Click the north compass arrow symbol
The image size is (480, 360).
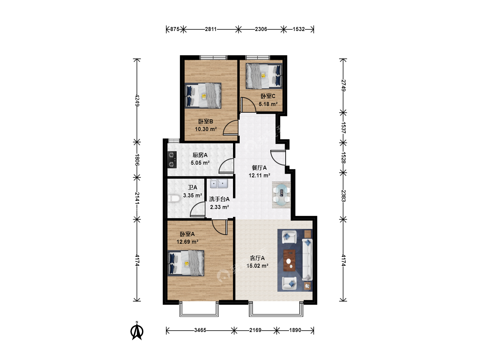pyautogui.click(x=137, y=331)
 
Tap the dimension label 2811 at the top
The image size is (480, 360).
pyautogui.click(x=211, y=29)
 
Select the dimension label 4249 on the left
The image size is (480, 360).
pyautogui.click(x=137, y=100)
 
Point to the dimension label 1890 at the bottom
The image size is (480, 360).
pyautogui.click(x=295, y=330)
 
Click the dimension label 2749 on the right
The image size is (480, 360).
pyautogui.click(x=343, y=85)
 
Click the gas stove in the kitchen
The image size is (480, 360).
pyautogui.click(x=172, y=160)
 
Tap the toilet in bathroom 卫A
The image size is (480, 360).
pyautogui.click(x=174, y=199)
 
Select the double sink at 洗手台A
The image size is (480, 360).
pyautogui.click(x=219, y=184)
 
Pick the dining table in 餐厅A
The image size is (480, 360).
pyautogui.click(x=281, y=195)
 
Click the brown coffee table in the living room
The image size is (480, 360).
pyautogui.click(x=289, y=260)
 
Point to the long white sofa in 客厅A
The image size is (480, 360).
pyautogui.click(x=307, y=260)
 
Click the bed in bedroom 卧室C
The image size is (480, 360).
pyautogui.click(x=264, y=76)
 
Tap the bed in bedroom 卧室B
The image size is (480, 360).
pyautogui.click(x=203, y=96)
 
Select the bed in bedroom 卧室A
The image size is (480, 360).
pyautogui.click(x=186, y=263)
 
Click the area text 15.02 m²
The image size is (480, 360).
pyautogui.click(x=257, y=266)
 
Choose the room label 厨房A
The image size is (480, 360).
pyautogui.click(x=200, y=155)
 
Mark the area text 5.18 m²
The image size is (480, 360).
pyautogui.click(x=268, y=104)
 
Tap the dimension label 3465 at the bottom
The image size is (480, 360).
pyautogui.click(x=200, y=330)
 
